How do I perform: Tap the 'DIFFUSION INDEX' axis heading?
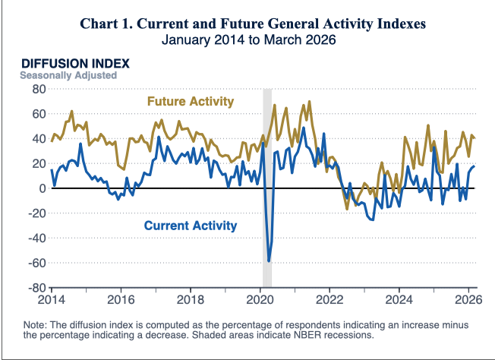[75, 63]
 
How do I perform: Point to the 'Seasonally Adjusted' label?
[68, 75]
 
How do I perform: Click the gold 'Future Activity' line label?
[190, 101]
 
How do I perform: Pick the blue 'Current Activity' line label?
[190, 226]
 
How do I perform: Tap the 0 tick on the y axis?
[43, 188]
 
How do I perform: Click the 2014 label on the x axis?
[52, 299]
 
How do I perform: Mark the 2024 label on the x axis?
[399, 299]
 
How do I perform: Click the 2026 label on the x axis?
[468, 299]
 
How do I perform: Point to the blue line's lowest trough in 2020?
[269, 261]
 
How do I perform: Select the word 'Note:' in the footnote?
[37, 324]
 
